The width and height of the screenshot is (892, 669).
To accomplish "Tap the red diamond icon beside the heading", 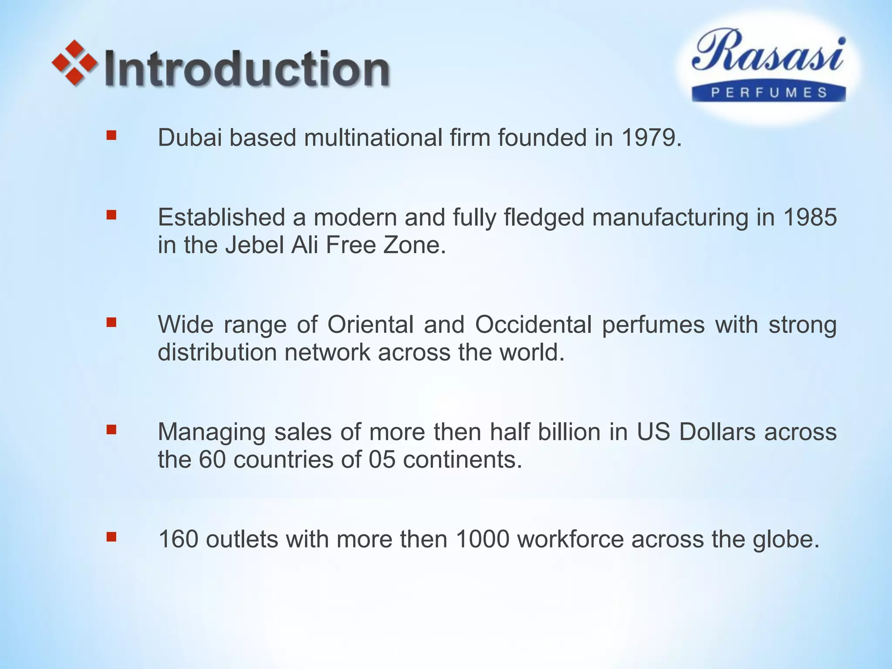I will point(74,62).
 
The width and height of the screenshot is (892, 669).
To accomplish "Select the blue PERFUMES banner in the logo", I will point(769,93).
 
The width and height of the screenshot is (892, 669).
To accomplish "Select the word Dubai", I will point(189,138).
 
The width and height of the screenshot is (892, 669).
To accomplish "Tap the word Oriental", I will point(370,324).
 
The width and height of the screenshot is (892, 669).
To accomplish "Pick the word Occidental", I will point(533,324).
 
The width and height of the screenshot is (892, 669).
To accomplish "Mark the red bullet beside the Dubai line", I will point(111,135).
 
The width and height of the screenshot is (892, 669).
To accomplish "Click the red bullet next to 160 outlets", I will point(111,537).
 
